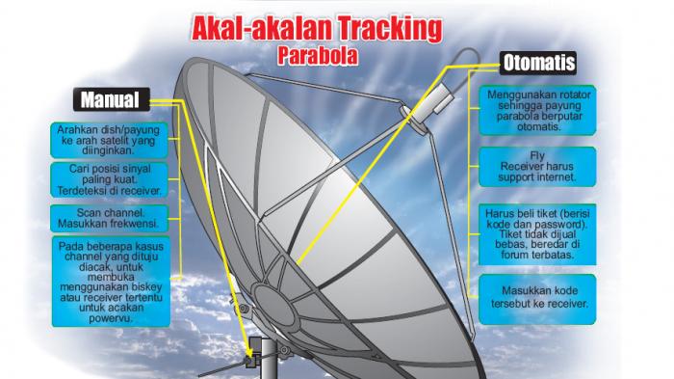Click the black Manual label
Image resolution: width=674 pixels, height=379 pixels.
click(x=112, y=99)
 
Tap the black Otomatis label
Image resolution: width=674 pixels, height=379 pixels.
click(x=538, y=63)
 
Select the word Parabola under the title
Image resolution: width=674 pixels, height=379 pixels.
click(x=318, y=56)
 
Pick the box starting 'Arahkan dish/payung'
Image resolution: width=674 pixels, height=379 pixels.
click(x=109, y=140)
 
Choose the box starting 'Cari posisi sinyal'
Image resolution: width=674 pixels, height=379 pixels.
click(x=109, y=179)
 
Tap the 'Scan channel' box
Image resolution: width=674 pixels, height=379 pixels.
click(x=109, y=218)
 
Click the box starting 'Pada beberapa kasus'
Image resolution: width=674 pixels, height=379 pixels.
click(x=111, y=282)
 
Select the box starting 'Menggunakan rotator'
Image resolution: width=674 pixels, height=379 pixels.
click(x=537, y=110)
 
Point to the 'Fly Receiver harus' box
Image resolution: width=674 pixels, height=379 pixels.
click(x=537, y=167)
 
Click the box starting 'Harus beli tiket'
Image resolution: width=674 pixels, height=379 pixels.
click(x=537, y=234)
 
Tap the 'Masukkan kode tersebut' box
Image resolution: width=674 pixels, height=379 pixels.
click(x=537, y=299)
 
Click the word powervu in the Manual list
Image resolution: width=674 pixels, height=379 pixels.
click(x=111, y=318)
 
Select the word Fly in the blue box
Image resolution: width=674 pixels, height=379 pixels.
click(x=537, y=155)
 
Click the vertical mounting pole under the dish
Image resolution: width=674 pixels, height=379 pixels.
click(x=270, y=359)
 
